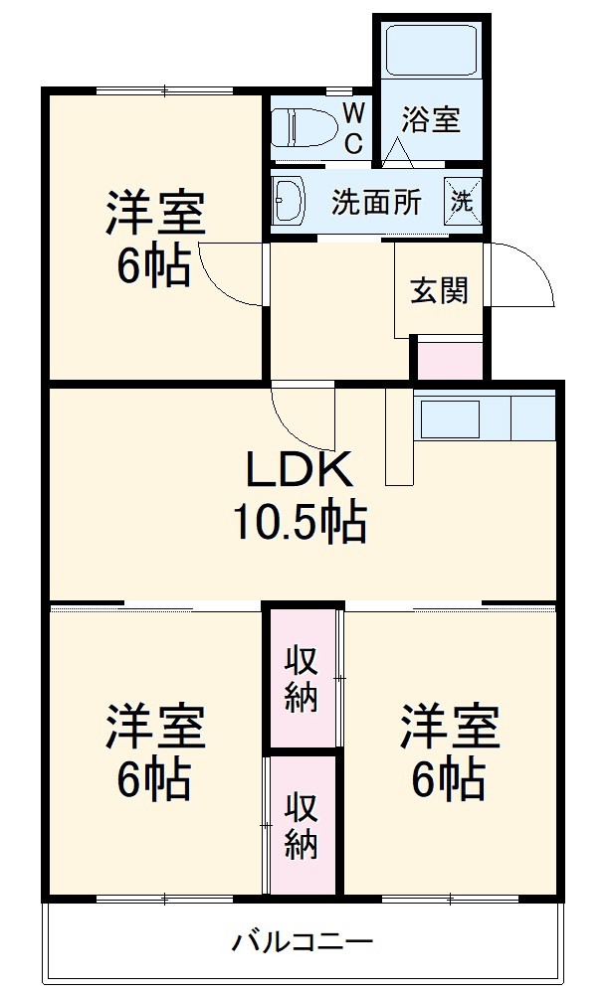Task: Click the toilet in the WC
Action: (x=303, y=127)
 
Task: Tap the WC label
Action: (x=353, y=128)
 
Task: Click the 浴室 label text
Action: (x=431, y=120)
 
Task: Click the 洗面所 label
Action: (x=376, y=202)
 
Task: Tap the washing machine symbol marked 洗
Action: (x=463, y=199)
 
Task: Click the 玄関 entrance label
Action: (x=439, y=292)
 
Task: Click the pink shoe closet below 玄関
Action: (x=449, y=360)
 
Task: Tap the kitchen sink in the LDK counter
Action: (x=450, y=418)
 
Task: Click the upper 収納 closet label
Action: (x=302, y=678)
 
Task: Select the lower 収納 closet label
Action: (x=302, y=825)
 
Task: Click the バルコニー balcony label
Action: (x=303, y=939)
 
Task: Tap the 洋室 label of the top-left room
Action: (x=155, y=214)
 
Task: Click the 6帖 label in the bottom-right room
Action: (x=450, y=779)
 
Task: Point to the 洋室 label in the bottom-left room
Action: (x=155, y=729)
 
